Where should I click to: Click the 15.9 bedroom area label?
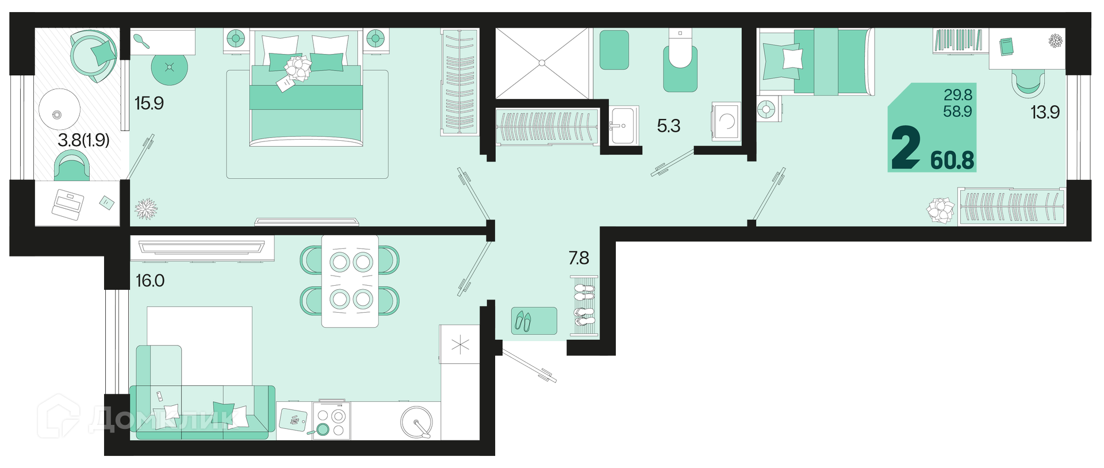[x=149, y=103]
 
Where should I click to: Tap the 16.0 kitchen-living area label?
[x=150, y=281]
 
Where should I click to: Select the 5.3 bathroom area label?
[x=669, y=126]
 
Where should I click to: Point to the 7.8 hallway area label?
[x=579, y=258]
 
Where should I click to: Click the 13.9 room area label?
[x=1045, y=112]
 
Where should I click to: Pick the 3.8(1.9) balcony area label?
[x=83, y=140]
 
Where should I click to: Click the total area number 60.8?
[x=952, y=160]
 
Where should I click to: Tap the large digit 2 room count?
[x=906, y=148]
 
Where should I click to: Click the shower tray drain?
[x=542, y=63]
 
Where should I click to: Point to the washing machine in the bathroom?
[x=726, y=121]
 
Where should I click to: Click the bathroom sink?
[x=623, y=125]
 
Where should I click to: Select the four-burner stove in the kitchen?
[x=332, y=421]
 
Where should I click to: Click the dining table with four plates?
[x=350, y=281]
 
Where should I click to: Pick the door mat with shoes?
[x=534, y=321]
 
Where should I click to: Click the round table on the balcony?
[x=59, y=113]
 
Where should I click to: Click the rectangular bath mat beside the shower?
[x=614, y=50]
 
